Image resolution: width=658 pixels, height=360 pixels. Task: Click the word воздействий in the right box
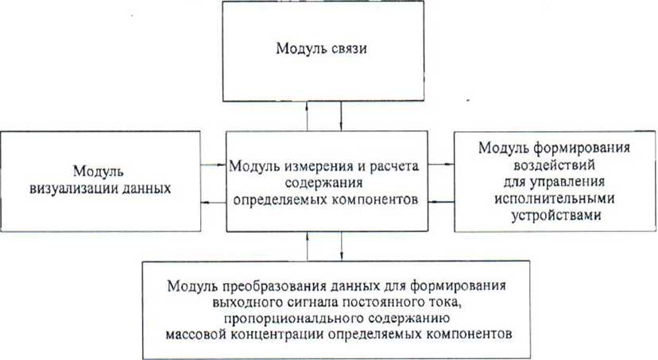point(554,165)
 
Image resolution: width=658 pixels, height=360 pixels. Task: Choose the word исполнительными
point(554,199)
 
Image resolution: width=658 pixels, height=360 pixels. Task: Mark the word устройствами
point(556,215)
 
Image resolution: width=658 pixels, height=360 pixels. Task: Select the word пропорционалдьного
point(294,319)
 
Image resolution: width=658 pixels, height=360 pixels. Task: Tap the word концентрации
point(277,335)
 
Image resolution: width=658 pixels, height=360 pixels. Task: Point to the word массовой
point(195,335)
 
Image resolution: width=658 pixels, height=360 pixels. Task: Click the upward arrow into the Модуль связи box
point(308,116)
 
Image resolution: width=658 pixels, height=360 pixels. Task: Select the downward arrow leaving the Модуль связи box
point(341,116)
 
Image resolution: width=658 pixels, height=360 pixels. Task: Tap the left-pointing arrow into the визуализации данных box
point(214,203)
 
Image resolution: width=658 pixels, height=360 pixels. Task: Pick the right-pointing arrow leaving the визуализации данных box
point(214,165)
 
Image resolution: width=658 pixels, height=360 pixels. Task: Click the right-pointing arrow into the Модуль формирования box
point(441,164)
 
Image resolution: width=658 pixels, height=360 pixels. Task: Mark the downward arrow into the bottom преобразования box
point(341,246)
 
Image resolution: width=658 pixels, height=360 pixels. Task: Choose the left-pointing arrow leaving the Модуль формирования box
point(441,202)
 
